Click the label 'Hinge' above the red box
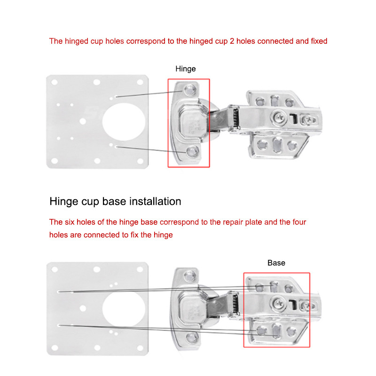click(x=185, y=69)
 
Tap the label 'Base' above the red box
click(x=276, y=263)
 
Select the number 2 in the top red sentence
click(x=232, y=41)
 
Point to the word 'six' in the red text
click(x=70, y=222)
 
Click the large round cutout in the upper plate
click(x=124, y=122)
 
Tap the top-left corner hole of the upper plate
click(x=55, y=82)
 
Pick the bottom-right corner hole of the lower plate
click(x=140, y=348)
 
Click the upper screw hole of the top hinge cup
click(x=190, y=90)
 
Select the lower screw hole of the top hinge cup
click(x=192, y=151)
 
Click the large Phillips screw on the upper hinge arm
click(x=278, y=117)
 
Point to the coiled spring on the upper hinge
click(x=235, y=117)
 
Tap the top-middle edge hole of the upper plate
click(x=97, y=82)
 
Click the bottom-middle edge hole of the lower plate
click(x=97, y=348)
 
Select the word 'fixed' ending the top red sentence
click(x=319, y=41)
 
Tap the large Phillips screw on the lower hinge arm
click(x=278, y=303)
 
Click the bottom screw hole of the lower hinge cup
click(x=192, y=337)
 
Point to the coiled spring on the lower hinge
click(x=235, y=304)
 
